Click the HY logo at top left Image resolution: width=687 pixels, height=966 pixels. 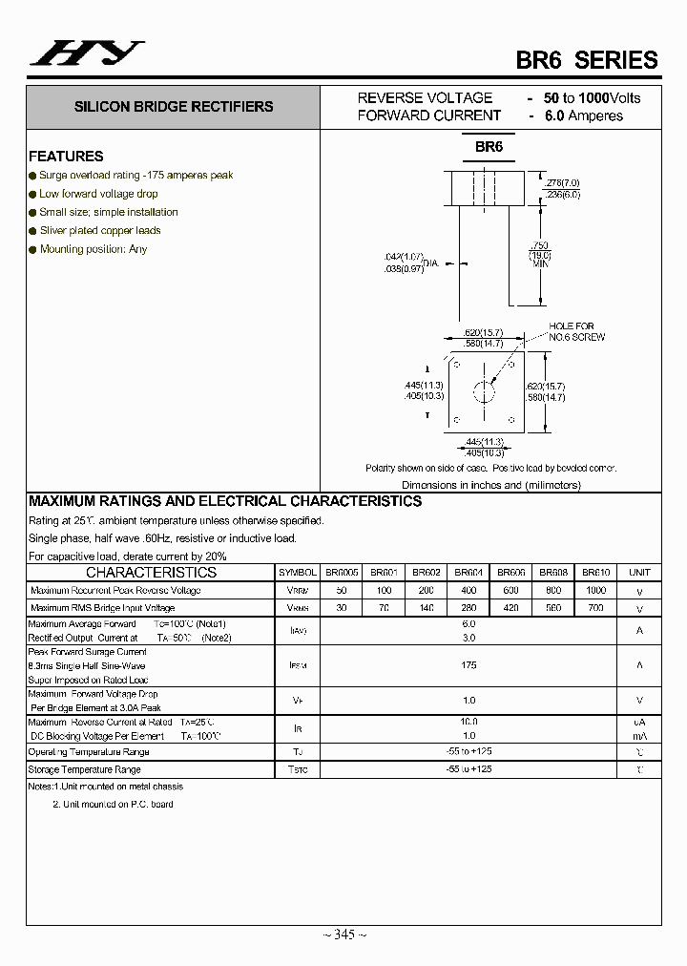pos(87,54)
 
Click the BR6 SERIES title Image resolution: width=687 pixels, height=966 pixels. pos(587,59)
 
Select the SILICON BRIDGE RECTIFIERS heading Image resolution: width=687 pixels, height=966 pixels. pos(174,107)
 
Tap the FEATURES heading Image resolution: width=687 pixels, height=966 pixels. pos(66,157)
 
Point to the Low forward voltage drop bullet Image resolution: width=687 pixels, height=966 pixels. pos(98,194)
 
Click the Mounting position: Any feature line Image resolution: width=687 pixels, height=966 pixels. pos(94,249)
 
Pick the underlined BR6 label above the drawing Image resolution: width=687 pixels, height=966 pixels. pos(489,147)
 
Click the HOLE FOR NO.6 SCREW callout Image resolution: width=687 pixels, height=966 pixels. pos(576,331)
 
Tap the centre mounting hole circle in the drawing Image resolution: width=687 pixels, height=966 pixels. pos(487,392)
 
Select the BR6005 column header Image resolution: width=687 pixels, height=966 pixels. pos(342,573)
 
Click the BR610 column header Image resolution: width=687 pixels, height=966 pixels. pos(596,573)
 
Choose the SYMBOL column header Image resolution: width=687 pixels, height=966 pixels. pos(298,573)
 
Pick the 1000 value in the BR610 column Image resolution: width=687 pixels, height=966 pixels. pos(596,590)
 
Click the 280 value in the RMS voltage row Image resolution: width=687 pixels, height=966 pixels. pos(468,607)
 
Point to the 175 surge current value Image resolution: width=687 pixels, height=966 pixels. pos(468,665)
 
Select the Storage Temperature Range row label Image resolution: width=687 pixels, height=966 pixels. pos(85,769)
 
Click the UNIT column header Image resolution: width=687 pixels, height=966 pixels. pos(639,573)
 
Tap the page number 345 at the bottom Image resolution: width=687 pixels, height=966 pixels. pos(344,934)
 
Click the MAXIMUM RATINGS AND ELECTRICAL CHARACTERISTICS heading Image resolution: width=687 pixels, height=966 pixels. pos(225,501)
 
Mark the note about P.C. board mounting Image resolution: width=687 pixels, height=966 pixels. pos(113,805)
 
